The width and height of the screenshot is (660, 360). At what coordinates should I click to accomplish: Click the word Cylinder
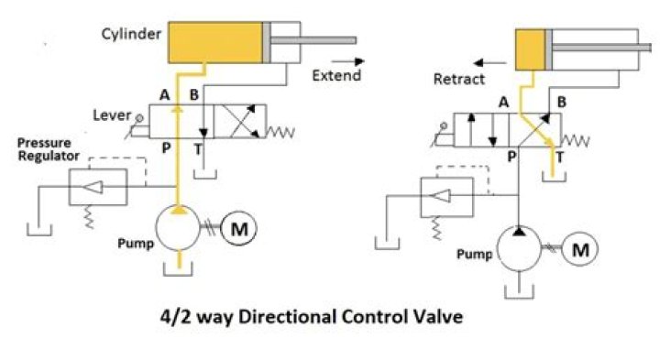[132, 35]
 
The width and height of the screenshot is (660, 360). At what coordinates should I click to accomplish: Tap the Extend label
[329, 75]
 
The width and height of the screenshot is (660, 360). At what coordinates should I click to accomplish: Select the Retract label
[459, 80]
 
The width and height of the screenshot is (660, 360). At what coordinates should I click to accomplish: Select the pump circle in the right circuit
[522, 249]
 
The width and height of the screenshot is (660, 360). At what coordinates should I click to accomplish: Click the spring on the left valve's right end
[280, 132]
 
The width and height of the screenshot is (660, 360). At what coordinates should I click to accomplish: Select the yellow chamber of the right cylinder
[531, 49]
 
